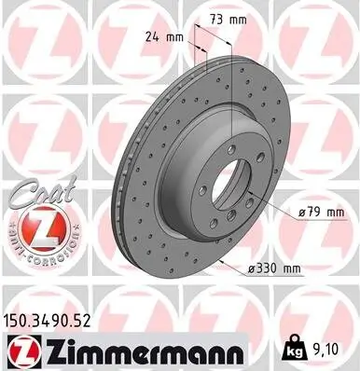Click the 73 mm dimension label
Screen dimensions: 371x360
pyautogui.click(x=225, y=20)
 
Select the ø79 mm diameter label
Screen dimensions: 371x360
pyautogui.click(x=324, y=213)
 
